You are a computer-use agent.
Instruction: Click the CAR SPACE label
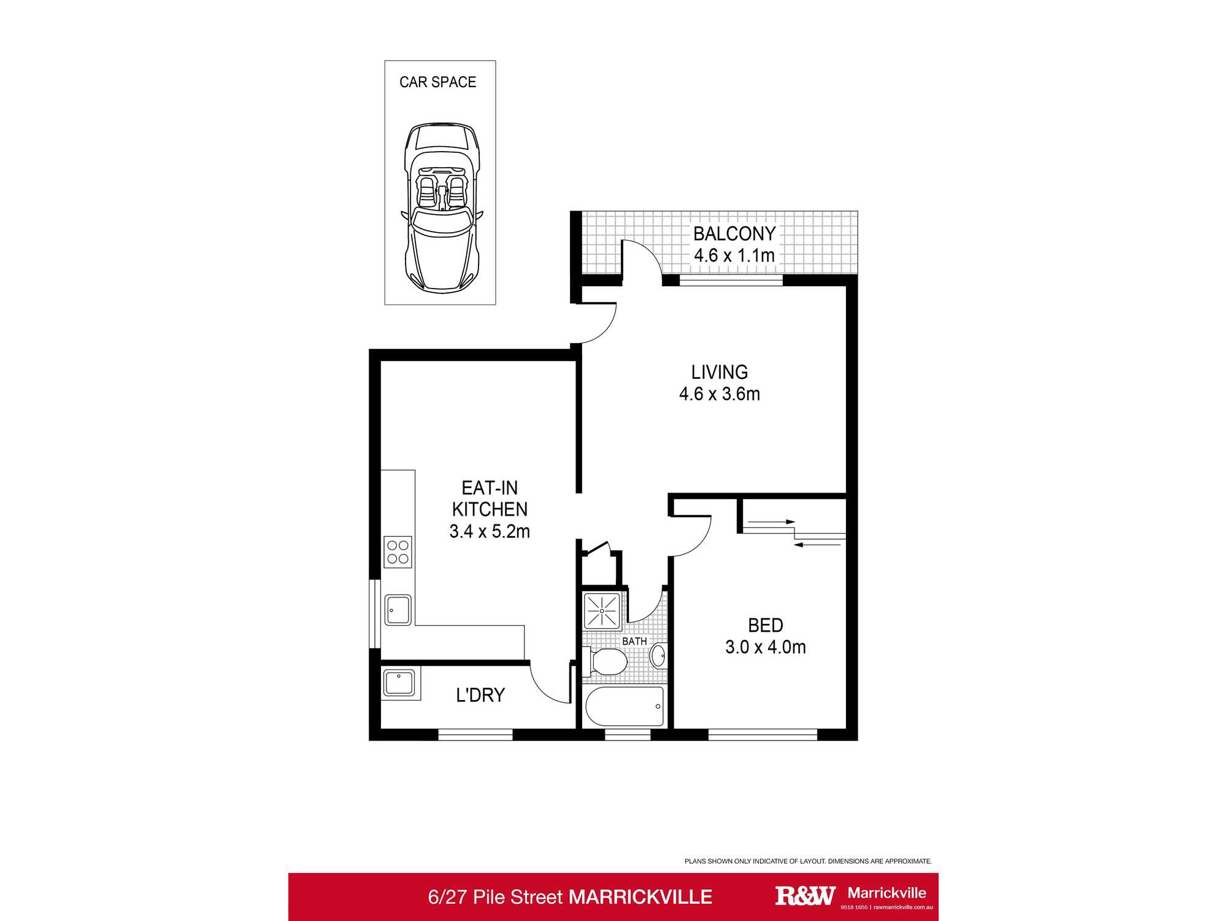(x=437, y=82)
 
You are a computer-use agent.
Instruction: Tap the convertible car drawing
(x=441, y=208)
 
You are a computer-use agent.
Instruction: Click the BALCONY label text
(x=734, y=234)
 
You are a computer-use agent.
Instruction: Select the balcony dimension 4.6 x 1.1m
(x=734, y=255)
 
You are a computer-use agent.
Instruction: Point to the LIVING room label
(x=719, y=372)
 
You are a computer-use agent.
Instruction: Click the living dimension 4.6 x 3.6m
(x=719, y=394)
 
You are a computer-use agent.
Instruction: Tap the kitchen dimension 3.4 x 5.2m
(x=489, y=532)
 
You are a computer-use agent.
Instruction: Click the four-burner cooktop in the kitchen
(x=398, y=552)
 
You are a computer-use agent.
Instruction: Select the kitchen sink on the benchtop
(x=398, y=610)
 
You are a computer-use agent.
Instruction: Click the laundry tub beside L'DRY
(x=399, y=682)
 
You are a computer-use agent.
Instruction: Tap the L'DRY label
(x=480, y=695)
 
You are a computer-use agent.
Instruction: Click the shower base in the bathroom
(x=602, y=611)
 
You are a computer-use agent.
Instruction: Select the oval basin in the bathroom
(x=658, y=656)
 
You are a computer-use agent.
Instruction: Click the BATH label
(x=634, y=641)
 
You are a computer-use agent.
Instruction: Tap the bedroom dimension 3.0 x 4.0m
(x=765, y=647)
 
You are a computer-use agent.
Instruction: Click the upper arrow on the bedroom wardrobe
(x=771, y=522)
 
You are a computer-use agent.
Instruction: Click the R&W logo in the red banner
(x=805, y=896)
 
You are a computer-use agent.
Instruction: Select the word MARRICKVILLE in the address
(x=640, y=897)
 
